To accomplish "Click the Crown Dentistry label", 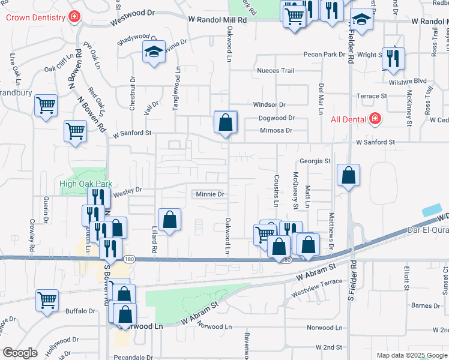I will point(35,17).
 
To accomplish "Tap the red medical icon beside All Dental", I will point(375,119).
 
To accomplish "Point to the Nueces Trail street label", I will point(276,71).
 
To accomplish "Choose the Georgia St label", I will point(315,161).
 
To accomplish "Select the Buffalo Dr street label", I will point(80,311).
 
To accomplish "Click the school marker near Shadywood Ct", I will point(154,52).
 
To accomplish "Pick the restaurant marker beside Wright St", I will point(393,58).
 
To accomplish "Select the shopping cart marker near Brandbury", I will point(46,106).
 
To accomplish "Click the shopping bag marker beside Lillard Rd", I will point(170,219).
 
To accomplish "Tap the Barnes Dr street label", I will point(426,306).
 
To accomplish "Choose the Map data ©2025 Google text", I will point(412,355).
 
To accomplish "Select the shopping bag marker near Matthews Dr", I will point(348,176).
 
